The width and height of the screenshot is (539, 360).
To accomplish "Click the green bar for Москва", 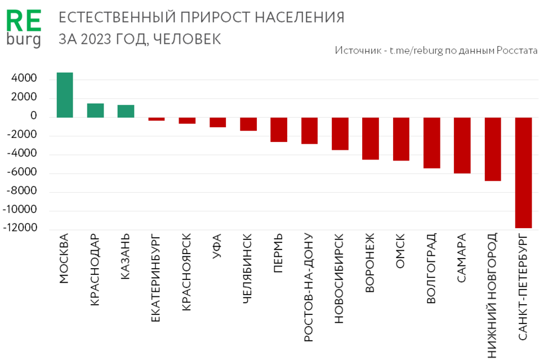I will (x=65, y=95).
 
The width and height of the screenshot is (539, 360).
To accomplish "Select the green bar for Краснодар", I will (x=95, y=110).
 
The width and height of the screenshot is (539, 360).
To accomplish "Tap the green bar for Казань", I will (x=126, y=111).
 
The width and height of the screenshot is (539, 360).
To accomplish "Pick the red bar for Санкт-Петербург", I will (x=523, y=172).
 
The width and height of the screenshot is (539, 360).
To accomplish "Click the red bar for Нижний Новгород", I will (x=493, y=149).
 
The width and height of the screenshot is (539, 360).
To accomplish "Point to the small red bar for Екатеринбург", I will (x=157, y=119).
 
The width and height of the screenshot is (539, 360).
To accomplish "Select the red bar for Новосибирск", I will (x=340, y=134).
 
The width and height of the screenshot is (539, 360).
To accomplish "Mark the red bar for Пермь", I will (x=279, y=130).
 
